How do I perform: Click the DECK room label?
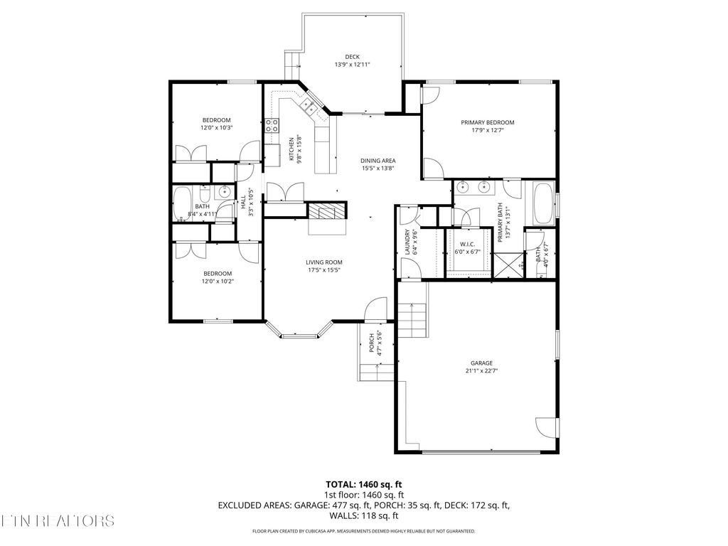(x=353, y=56)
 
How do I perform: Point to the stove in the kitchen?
(x=272, y=127)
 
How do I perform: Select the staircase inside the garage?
(x=412, y=319)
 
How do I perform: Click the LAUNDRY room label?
(x=407, y=242)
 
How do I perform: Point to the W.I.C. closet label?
(x=468, y=244)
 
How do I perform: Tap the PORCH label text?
(x=372, y=344)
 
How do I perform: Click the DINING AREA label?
(x=378, y=161)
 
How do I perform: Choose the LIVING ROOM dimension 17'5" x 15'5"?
(x=325, y=270)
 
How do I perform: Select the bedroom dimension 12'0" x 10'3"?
(x=217, y=127)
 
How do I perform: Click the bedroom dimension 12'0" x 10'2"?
(x=218, y=281)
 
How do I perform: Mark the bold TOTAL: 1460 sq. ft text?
(x=365, y=485)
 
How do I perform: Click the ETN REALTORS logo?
(x=57, y=520)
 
